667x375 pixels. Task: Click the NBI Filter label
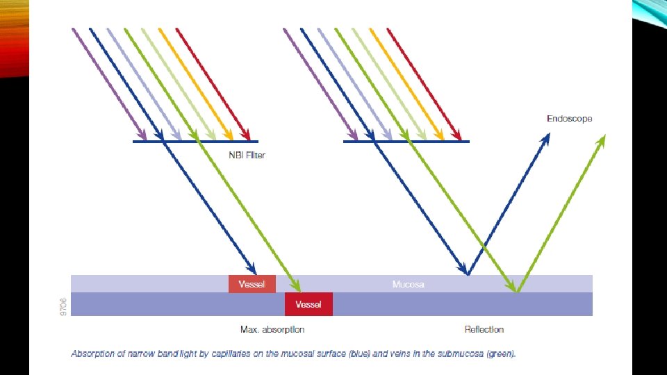[x=247, y=155]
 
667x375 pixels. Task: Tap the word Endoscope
[x=569, y=119]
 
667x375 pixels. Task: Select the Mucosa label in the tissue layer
[x=408, y=284]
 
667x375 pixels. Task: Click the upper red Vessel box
[x=252, y=284]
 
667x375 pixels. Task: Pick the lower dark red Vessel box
[x=308, y=304]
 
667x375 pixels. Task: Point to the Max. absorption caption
[x=272, y=329]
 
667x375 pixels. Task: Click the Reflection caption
[x=484, y=329]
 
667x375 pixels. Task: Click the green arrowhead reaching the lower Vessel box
[x=297, y=287]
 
